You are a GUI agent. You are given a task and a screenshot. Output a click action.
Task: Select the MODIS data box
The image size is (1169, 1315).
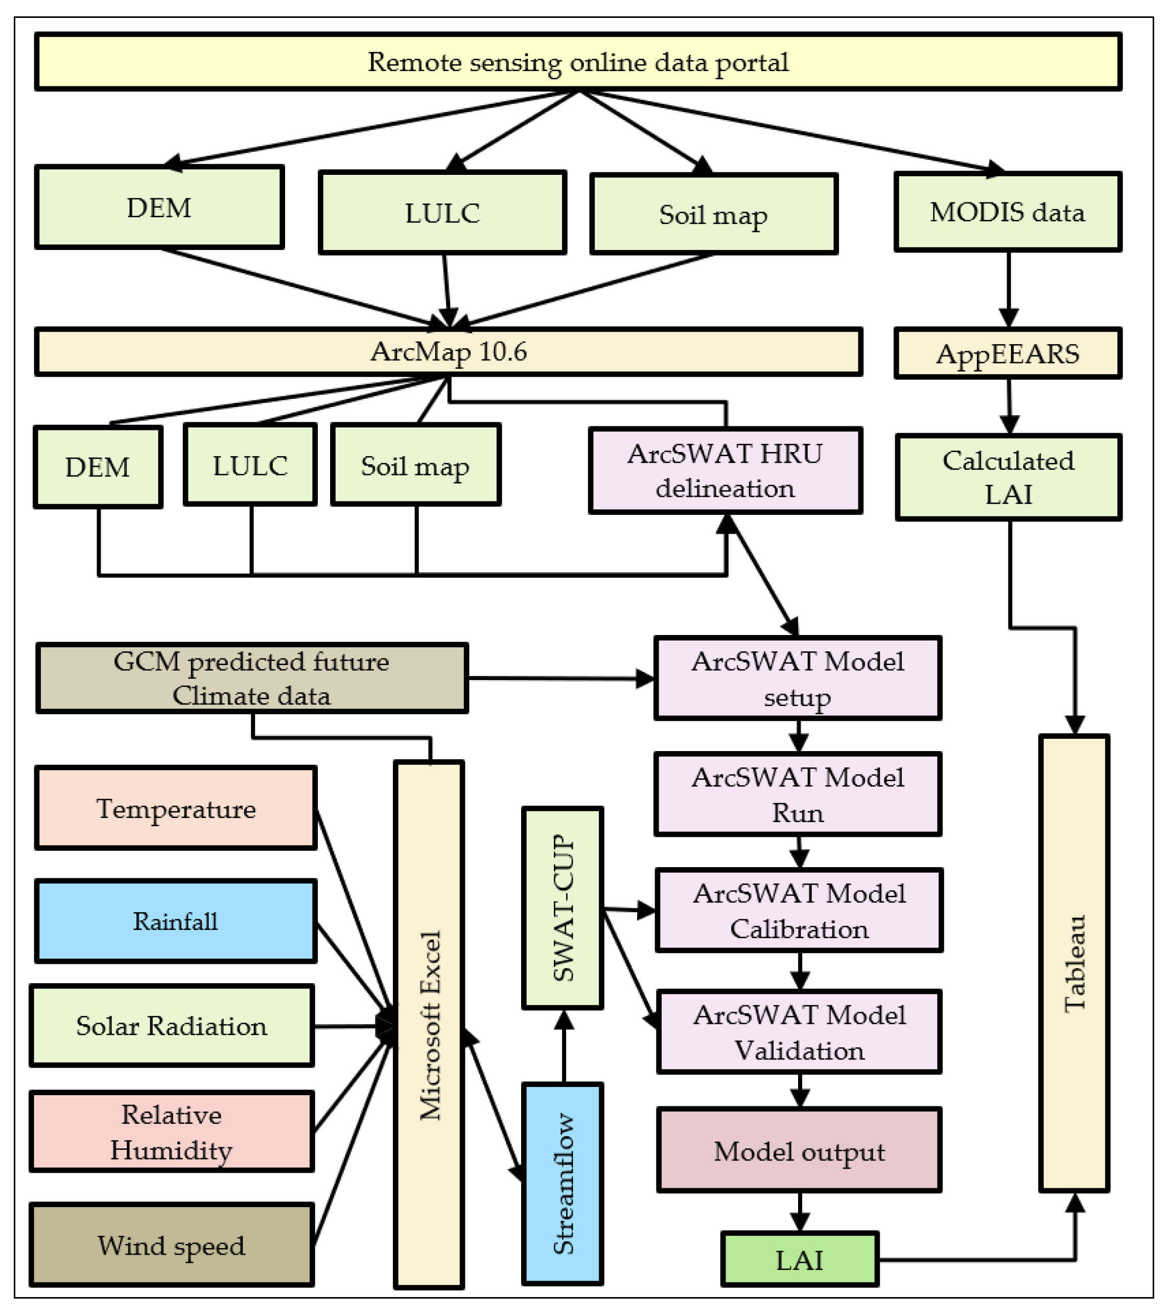click(x=1007, y=212)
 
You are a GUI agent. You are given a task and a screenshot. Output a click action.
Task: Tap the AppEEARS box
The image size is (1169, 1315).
click(x=1007, y=353)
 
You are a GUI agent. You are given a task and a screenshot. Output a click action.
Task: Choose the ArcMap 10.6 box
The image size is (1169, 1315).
click(x=448, y=351)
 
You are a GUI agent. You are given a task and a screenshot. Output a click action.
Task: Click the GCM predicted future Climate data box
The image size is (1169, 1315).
click(x=251, y=678)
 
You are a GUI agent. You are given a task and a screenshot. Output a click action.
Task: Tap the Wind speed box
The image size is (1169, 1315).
click(x=171, y=1245)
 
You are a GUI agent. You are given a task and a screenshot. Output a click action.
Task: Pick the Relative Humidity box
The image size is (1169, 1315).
click(x=171, y=1132)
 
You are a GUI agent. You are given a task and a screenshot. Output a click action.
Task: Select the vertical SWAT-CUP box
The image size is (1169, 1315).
click(x=563, y=908)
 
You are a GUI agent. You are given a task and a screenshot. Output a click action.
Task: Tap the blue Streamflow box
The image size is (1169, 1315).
click(x=563, y=1184)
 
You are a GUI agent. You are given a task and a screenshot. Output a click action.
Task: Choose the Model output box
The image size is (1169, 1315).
click(x=799, y=1151)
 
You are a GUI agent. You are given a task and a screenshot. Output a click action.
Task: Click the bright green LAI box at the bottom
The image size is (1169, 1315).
click(x=799, y=1260)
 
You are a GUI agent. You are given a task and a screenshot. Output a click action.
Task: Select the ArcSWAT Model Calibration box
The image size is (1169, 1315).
click(x=799, y=911)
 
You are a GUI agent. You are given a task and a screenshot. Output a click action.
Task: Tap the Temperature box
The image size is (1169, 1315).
click(x=176, y=808)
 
